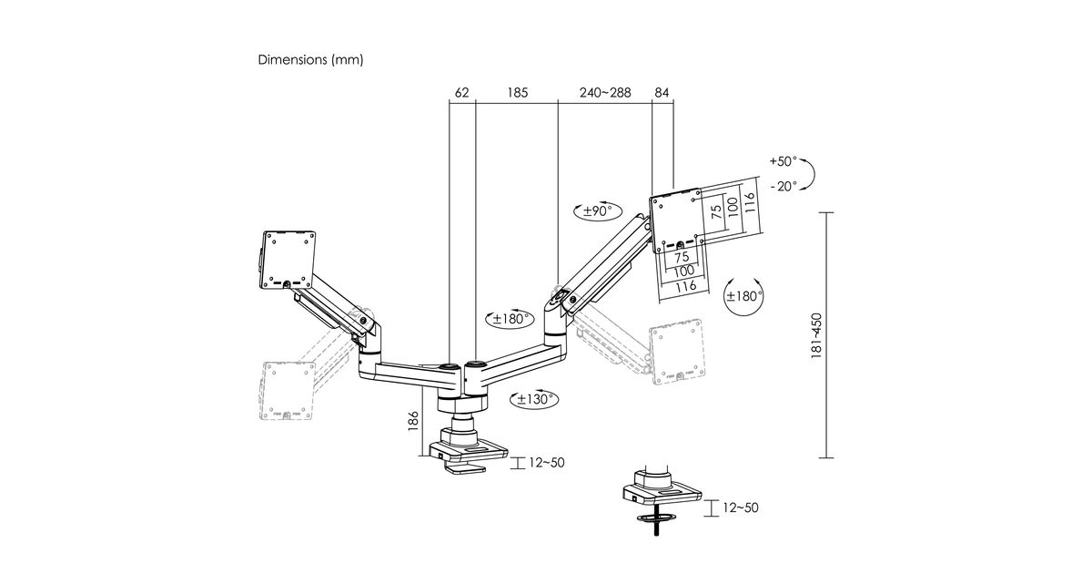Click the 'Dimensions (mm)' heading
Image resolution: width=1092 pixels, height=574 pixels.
[310, 59]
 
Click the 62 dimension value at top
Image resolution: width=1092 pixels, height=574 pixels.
[461, 93]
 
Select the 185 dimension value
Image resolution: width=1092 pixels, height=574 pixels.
[517, 93]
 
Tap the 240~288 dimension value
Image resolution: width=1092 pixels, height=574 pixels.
[605, 93]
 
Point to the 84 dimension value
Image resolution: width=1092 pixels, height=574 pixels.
[662, 93]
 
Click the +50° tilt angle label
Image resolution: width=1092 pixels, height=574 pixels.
[783, 161]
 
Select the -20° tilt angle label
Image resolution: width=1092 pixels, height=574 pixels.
[784, 186]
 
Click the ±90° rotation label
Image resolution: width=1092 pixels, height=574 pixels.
[597, 210]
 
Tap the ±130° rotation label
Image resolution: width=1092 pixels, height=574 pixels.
[535, 399]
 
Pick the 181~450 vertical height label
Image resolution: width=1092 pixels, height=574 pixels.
[816, 336]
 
